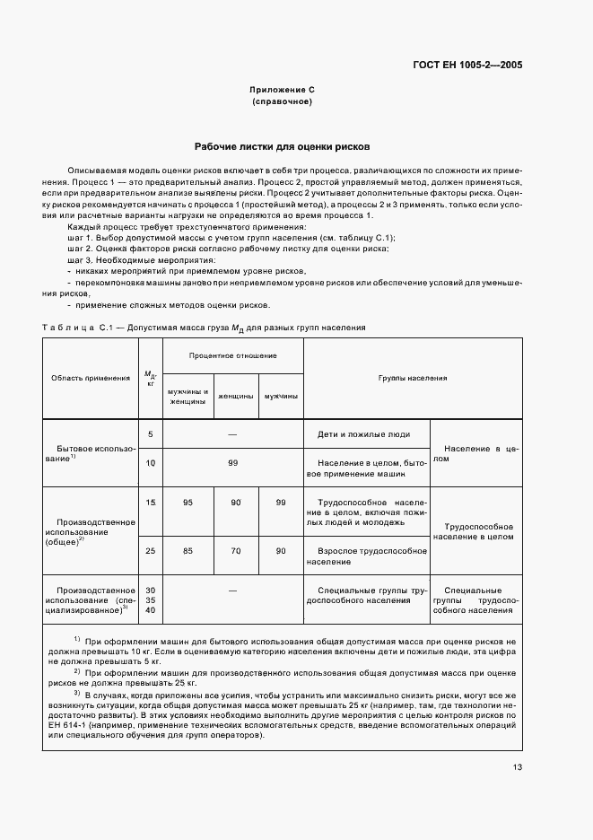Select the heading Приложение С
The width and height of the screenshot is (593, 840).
(x=282, y=91)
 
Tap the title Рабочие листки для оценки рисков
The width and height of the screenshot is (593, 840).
(x=282, y=146)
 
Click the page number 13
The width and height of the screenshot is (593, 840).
(x=518, y=766)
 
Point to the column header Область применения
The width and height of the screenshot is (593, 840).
(x=91, y=378)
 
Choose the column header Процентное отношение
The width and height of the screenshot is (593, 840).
(x=232, y=355)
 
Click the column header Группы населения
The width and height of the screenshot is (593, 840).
(x=412, y=378)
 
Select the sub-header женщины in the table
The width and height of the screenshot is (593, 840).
(x=235, y=396)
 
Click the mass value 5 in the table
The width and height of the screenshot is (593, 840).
(x=151, y=434)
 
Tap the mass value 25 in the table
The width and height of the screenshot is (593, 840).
(x=151, y=550)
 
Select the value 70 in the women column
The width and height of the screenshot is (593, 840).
(x=235, y=550)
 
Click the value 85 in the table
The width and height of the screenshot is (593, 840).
(x=187, y=550)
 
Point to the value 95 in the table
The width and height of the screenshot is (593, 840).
(x=187, y=503)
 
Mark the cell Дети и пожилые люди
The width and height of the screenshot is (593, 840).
(x=363, y=434)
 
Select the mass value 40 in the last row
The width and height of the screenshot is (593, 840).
(x=151, y=610)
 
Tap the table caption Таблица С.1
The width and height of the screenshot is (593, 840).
(x=75, y=328)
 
